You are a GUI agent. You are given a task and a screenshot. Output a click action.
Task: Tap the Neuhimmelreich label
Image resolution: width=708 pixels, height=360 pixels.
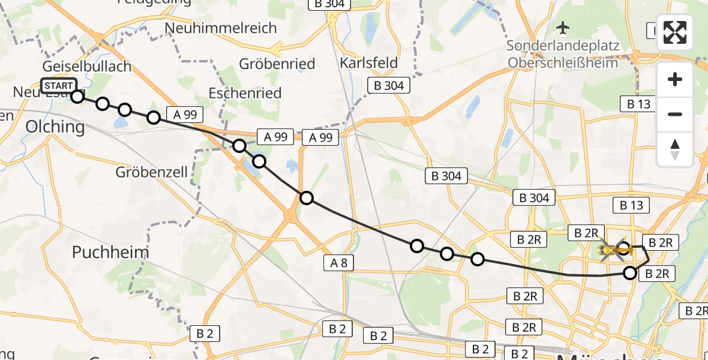pyautogui.click(x=221, y=28)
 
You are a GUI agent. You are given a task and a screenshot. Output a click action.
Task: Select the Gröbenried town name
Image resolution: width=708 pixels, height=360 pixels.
pyautogui.click(x=269, y=64)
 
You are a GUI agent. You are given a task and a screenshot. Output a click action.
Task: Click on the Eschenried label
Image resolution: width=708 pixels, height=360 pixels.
pyautogui.click(x=245, y=93)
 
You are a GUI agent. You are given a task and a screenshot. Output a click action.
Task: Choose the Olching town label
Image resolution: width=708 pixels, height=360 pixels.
pyautogui.click(x=55, y=127)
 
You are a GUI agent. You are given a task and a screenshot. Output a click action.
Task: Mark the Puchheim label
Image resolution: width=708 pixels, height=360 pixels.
pyautogui.click(x=110, y=252)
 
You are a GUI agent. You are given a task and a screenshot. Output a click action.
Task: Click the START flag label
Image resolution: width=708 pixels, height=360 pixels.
pyautogui.click(x=59, y=86)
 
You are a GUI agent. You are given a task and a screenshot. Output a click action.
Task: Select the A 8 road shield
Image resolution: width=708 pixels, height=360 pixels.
pyautogui.click(x=338, y=262)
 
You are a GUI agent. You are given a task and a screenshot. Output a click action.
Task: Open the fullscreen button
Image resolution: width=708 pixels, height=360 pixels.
pyautogui.click(x=675, y=32)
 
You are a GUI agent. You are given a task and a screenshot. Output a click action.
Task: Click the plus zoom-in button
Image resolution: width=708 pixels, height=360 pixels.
pyautogui.click(x=675, y=79)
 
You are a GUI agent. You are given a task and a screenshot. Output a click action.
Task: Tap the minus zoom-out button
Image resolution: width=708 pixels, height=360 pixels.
pyautogui.click(x=675, y=114)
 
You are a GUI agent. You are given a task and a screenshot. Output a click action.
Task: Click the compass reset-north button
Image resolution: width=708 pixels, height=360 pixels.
pyautogui.click(x=675, y=149)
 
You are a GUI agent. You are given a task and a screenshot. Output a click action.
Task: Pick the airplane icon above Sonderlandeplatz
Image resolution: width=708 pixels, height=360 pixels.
pyautogui.click(x=563, y=27)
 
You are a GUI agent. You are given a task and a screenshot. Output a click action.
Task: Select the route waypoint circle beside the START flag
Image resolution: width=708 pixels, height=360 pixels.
pyautogui.click(x=77, y=96)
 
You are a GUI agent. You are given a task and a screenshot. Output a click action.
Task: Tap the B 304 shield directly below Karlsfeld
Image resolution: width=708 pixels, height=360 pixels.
pyautogui.click(x=389, y=86)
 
